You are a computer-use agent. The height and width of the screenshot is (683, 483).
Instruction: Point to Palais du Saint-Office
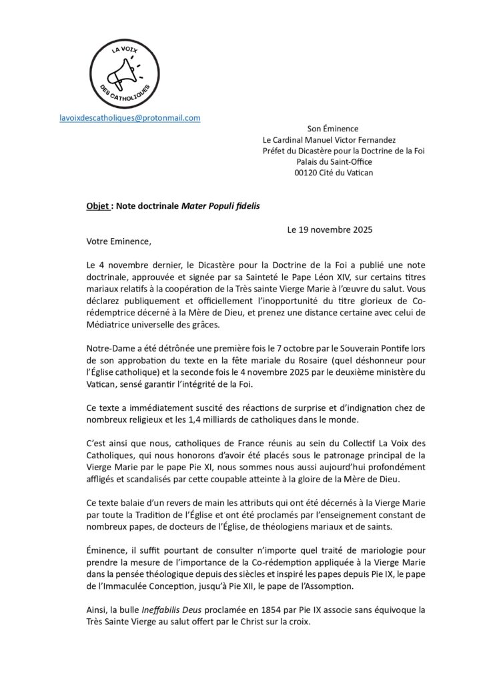(334, 161)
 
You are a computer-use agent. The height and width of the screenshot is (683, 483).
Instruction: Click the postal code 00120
(309, 172)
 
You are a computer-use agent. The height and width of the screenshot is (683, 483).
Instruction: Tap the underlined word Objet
(97, 207)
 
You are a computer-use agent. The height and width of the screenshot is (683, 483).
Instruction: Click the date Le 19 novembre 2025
(330, 229)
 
